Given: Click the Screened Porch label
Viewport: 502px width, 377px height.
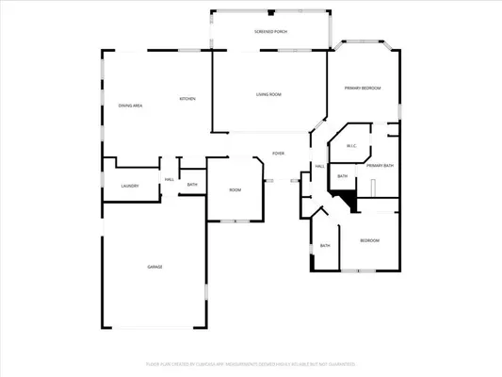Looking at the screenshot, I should point(271,32).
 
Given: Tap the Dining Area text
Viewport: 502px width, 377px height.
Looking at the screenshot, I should point(130,106).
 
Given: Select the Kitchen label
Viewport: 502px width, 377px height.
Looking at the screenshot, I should point(188,99).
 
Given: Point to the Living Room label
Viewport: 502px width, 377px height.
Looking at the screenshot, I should point(269,94).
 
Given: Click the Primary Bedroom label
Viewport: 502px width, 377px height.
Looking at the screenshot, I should point(363,88).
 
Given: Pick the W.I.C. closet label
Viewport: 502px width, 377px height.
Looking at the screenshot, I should point(350,145).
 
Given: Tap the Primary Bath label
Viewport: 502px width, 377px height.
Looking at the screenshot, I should point(380,166).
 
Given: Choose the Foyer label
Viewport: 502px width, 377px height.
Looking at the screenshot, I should point(279,153).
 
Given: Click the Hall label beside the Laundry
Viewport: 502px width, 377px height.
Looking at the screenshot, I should point(170,179).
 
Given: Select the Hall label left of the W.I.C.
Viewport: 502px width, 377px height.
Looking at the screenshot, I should point(320,166).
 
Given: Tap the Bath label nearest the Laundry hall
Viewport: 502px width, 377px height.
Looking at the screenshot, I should point(192,185).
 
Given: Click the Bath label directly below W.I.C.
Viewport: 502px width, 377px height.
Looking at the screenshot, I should point(343,176).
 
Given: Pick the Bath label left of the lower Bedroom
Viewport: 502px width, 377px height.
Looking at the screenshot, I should point(325,246).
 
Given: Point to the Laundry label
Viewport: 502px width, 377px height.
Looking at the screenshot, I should point(130,186).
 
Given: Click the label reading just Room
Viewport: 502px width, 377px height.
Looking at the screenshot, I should point(235,190).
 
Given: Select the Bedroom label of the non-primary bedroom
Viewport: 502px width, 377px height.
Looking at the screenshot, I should point(369,241).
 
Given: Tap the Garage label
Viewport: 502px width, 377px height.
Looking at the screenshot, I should point(154,268).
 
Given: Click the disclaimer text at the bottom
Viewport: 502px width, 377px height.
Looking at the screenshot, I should point(251,363).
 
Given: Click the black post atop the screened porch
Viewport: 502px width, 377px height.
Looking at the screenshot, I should point(271,13).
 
